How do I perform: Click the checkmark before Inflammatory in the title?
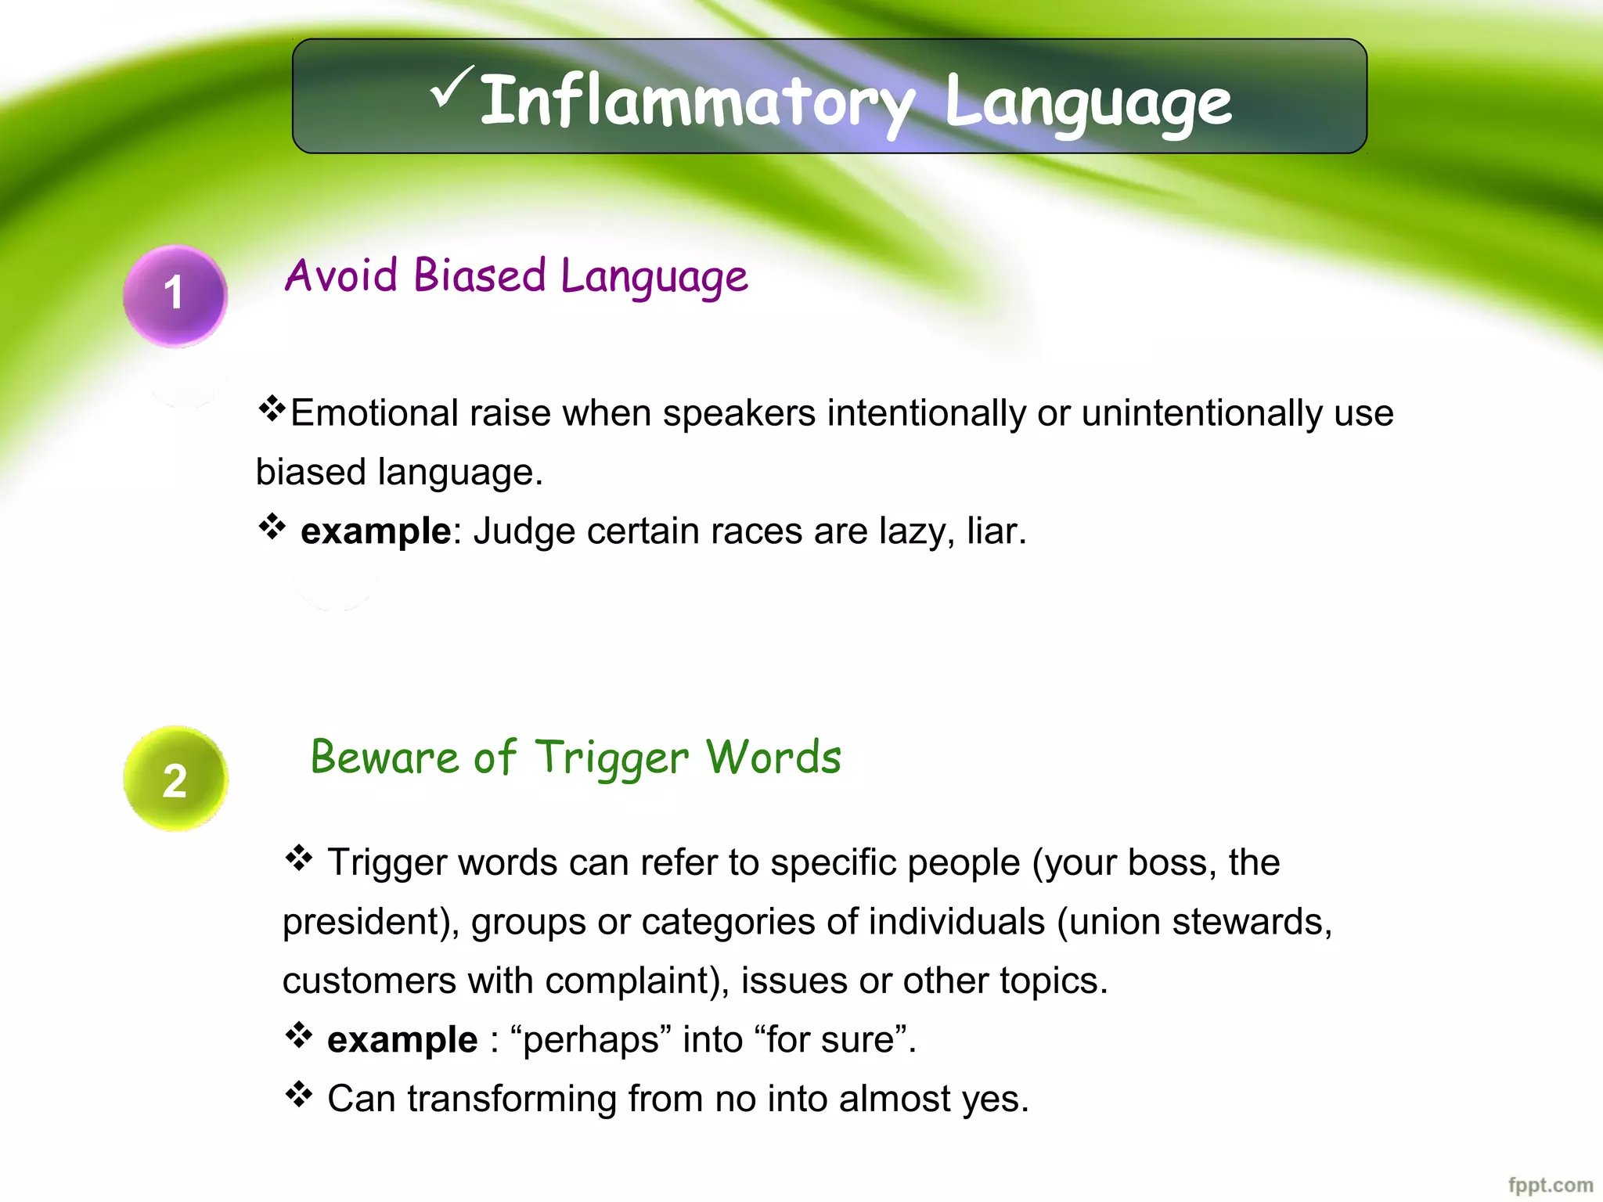pos(452,88)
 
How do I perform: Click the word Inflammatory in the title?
pos(696,102)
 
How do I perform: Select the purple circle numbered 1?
pos(175,295)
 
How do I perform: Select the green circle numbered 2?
pos(175,779)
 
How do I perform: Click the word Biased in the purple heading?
pos(479,275)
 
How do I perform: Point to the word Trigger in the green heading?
pos(611,758)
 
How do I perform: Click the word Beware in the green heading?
pos(384,758)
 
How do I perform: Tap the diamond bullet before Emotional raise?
pos(271,408)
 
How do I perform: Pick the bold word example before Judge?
pos(376,531)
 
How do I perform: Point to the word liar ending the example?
pos(994,531)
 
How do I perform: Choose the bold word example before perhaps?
pos(402,1040)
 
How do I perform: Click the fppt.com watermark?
pos(1550,1185)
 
